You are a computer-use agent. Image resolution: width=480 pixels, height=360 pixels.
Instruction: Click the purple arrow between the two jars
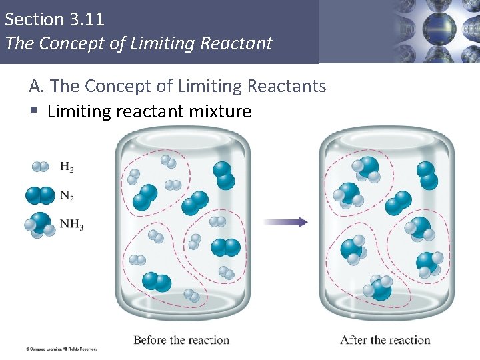[285, 222]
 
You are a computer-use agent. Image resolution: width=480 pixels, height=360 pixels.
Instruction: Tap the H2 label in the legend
[67, 167]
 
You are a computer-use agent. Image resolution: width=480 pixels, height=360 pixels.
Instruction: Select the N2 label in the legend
[67, 196]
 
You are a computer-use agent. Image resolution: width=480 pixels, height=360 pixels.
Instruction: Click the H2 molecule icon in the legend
[40, 167]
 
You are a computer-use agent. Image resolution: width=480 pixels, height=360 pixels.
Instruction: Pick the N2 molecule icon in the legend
[40, 195]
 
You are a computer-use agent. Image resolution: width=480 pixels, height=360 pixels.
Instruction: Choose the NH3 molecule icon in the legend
[40, 224]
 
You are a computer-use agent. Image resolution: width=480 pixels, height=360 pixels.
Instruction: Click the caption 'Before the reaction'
[181, 340]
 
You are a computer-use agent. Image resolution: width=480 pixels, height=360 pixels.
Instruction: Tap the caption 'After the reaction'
[385, 340]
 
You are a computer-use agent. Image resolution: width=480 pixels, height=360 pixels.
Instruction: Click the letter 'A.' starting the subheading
[37, 86]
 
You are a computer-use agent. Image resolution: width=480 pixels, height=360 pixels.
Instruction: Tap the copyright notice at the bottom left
[61, 349]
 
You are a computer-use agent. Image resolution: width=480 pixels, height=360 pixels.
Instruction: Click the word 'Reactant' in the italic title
[241, 44]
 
